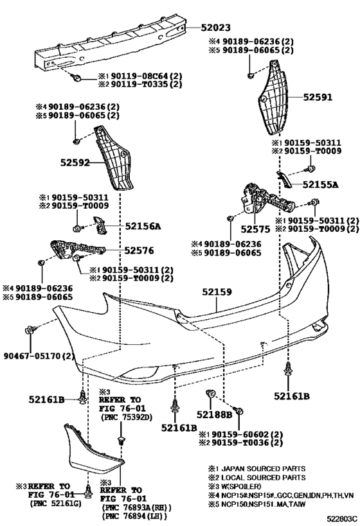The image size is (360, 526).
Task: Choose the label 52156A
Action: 143,225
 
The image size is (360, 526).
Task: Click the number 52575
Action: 255,228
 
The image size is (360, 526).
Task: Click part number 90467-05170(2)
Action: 39,355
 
